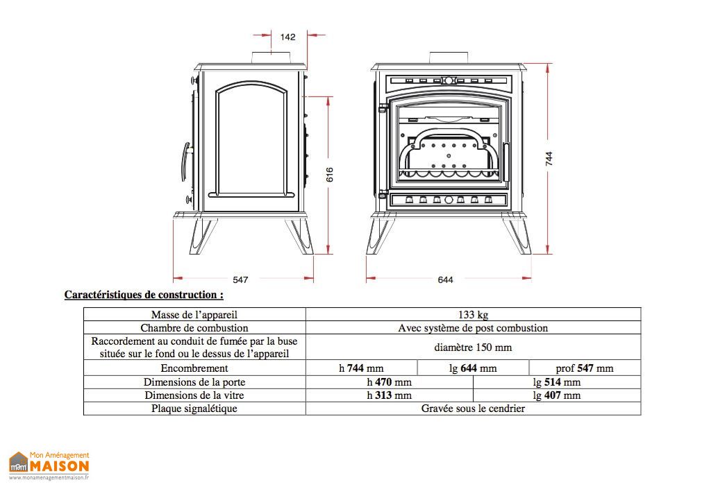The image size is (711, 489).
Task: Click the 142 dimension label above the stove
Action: (x=287, y=37)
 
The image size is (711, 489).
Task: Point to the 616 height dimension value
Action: (x=330, y=174)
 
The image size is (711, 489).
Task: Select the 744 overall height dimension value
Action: (x=549, y=159)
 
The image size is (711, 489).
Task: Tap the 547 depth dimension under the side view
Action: (x=240, y=280)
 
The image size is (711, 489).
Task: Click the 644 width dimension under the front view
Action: (x=446, y=280)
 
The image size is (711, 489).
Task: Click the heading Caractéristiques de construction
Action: (x=144, y=295)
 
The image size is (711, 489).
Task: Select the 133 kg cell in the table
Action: (x=473, y=315)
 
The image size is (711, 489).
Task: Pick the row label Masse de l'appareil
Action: (x=194, y=315)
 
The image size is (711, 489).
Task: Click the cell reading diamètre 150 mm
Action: (x=473, y=348)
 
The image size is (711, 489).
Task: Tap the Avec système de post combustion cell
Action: (x=473, y=328)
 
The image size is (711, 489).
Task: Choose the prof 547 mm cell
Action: (x=585, y=368)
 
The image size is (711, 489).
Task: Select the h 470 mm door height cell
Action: (x=389, y=382)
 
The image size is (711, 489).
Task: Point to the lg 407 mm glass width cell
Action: (x=556, y=395)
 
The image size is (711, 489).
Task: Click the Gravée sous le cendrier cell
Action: (x=473, y=409)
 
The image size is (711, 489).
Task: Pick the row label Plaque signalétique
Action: (x=194, y=409)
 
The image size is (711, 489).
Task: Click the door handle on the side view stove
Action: (x=185, y=162)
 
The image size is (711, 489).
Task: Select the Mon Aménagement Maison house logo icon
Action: (x=18, y=462)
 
